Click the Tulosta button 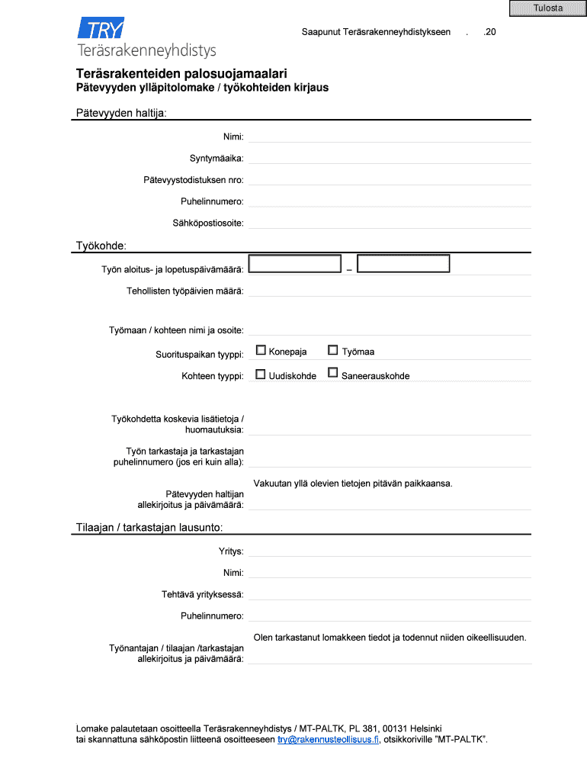tap(548, 8)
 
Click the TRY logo tap(101, 30)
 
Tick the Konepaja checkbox tap(261, 351)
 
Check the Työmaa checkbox tap(333, 351)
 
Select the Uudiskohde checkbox tap(261, 374)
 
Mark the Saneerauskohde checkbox tap(333, 374)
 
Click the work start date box tap(295, 264)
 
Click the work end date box tap(403, 264)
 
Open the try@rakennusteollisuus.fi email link tap(328, 739)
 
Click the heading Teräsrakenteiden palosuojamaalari tap(181, 74)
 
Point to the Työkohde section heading tap(101, 246)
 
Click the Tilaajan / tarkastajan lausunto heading tap(149, 528)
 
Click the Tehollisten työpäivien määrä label tap(185, 291)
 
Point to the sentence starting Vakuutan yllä tap(353, 484)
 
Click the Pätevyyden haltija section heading tap(120, 114)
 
